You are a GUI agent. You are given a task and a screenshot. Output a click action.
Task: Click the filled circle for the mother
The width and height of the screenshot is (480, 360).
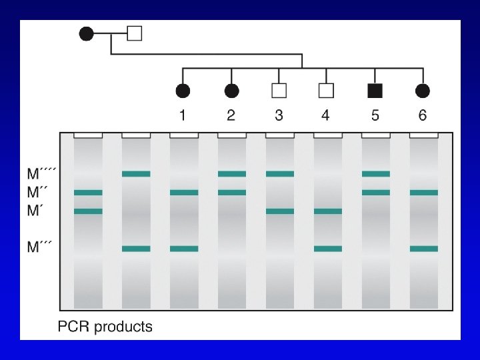coord(87,33)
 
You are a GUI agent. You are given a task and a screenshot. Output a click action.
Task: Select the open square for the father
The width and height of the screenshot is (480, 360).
coord(134,33)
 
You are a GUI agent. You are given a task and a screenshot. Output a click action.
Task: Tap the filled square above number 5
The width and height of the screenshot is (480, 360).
coord(375,91)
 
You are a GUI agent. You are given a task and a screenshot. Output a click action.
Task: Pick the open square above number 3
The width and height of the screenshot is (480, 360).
coord(279,91)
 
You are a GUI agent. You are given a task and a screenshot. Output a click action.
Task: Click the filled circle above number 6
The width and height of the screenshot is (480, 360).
coord(422,91)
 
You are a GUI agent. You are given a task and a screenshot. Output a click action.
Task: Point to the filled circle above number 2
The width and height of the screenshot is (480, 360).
coord(231,91)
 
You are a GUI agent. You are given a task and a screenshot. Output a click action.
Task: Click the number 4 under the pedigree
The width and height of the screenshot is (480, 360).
coord(325,115)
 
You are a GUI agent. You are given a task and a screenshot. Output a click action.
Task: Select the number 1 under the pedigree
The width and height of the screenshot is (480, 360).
coord(183,115)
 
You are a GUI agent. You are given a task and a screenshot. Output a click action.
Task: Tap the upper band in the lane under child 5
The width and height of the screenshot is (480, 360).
coord(376,174)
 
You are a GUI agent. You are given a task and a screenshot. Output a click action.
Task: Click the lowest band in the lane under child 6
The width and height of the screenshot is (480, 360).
coord(424,249)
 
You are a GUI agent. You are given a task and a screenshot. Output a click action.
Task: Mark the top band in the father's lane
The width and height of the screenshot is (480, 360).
coord(136,174)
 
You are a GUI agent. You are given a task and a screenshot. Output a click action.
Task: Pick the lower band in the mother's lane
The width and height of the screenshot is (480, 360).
coord(88,211)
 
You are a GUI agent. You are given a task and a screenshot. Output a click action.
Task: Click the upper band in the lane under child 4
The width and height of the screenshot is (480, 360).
coord(328,211)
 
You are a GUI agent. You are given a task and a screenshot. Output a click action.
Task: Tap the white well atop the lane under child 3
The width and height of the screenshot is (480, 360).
coord(280,135)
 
